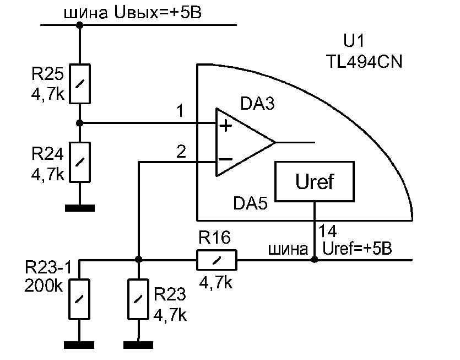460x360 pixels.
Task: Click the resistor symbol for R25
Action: (x=80, y=83)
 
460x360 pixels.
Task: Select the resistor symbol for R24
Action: (x=80, y=162)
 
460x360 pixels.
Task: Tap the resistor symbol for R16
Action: (x=217, y=259)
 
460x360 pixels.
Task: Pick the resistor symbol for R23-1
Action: (x=80, y=298)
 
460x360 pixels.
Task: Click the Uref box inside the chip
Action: (x=315, y=181)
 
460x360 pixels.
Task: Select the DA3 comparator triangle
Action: (x=242, y=142)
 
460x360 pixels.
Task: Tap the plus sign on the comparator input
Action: (x=225, y=126)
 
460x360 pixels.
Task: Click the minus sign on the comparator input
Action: (x=226, y=160)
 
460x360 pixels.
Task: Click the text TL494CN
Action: (x=364, y=61)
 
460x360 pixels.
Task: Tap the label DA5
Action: (x=250, y=203)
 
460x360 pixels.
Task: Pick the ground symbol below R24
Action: (x=80, y=208)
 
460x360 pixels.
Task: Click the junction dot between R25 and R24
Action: (x=80, y=122)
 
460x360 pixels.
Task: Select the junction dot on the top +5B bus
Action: (x=80, y=25)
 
